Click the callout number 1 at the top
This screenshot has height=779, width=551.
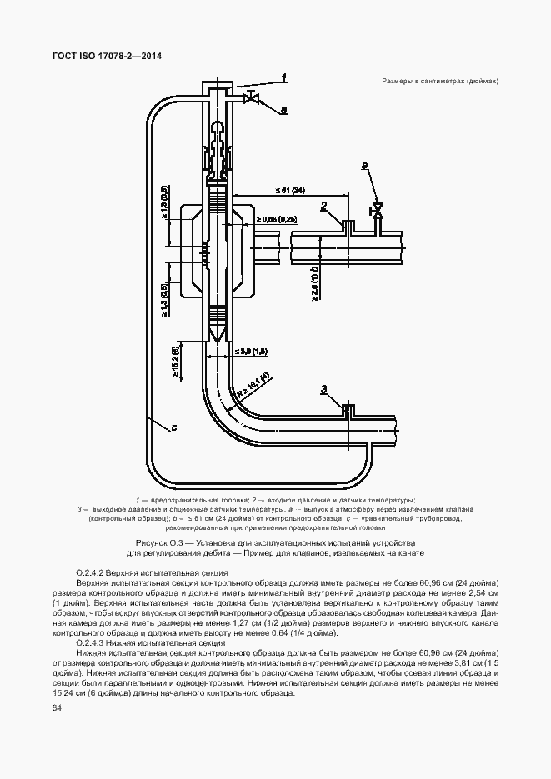[x=284, y=77]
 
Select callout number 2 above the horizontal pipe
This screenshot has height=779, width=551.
[x=323, y=206]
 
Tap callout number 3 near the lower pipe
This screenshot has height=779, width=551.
[x=323, y=389]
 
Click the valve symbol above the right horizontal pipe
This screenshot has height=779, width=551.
[x=378, y=209]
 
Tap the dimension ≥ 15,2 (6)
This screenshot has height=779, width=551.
[x=175, y=363]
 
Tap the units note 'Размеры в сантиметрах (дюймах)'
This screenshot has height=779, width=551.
[x=439, y=82]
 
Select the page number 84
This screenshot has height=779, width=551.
[x=57, y=707]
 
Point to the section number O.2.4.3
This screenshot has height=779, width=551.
[x=93, y=643]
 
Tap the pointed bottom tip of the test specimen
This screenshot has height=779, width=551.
[x=218, y=342]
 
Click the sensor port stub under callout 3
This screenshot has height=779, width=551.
[x=349, y=408]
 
